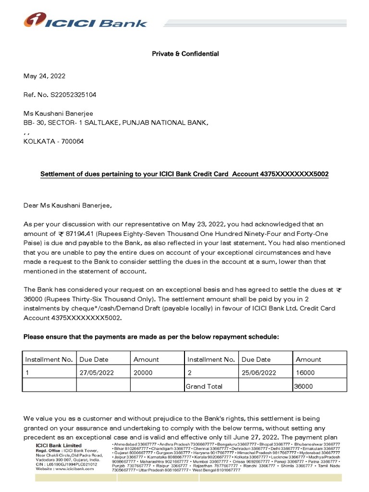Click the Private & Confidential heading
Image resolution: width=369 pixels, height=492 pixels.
[185, 54]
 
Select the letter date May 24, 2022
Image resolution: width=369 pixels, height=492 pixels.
[45, 76]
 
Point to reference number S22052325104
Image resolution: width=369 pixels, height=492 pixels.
[73, 95]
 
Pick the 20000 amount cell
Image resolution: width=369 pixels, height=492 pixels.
[143, 372]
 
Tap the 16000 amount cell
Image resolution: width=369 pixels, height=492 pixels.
[305, 372]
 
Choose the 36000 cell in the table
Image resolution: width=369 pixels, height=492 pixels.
[304, 386]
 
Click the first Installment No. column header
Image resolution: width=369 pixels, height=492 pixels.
[49, 359]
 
